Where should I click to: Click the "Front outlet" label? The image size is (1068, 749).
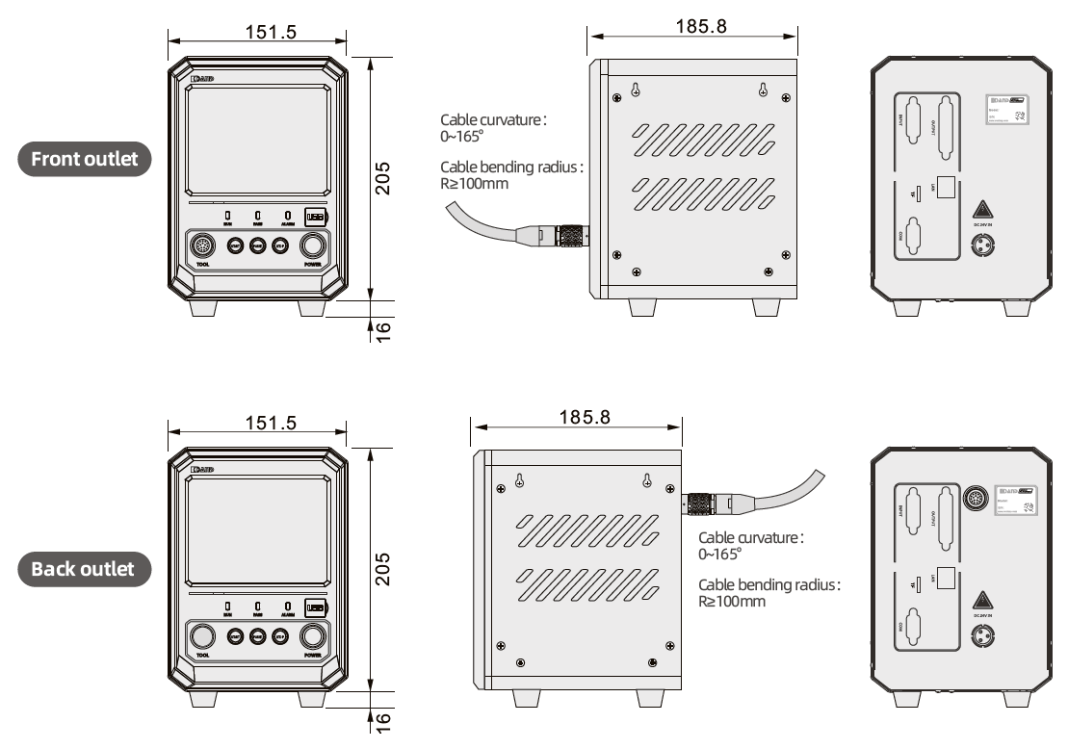(x=85, y=159)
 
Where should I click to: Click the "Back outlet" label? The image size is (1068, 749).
(x=85, y=568)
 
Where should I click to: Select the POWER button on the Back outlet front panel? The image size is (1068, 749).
(x=313, y=636)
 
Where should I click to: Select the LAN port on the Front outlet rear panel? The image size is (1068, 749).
(x=948, y=188)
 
